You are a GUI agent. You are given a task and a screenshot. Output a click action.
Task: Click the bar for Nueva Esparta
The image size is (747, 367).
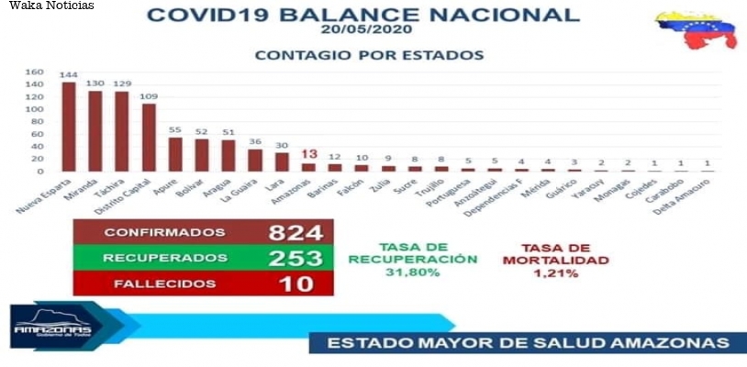[69, 127]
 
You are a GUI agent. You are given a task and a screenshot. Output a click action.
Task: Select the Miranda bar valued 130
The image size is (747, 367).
[95, 131]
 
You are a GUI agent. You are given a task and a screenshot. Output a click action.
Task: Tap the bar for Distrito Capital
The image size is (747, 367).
[149, 138]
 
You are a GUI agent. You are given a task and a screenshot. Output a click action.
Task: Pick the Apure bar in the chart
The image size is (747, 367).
[175, 154]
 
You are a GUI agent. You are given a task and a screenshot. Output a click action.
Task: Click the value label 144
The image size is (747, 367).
[69, 73]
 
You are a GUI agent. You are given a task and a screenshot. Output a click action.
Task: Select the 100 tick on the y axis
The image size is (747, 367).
[33, 109]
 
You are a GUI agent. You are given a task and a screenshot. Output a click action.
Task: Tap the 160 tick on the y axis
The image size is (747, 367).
[33, 72]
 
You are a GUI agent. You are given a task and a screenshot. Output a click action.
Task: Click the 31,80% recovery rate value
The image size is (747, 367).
[413, 272]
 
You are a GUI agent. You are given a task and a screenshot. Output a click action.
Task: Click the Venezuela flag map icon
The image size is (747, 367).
[696, 32]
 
